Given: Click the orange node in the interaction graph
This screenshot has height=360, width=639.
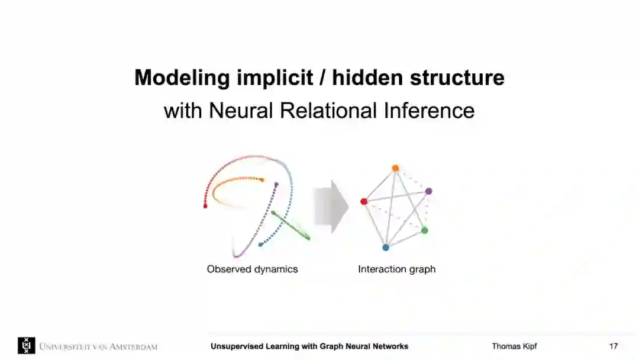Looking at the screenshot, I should [x=395, y=168].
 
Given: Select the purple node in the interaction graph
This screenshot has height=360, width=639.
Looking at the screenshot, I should [x=428, y=191].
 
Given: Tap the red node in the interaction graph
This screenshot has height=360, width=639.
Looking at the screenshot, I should [x=364, y=201].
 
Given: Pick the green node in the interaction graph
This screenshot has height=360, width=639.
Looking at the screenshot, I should [x=424, y=230].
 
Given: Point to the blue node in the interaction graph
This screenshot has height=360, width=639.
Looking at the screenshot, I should [x=386, y=247].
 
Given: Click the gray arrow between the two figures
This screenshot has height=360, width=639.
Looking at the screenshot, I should [x=331, y=207].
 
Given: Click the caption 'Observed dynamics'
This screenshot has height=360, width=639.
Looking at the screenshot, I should [x=252, y=269].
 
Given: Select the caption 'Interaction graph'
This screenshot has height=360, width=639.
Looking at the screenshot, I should [x=396, y=269].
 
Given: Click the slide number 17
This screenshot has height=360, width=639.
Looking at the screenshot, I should [x=614, y=346].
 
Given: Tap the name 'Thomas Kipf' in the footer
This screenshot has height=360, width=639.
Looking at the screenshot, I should [x=514, y=346].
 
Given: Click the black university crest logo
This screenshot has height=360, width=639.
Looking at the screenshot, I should [x=26, y=346].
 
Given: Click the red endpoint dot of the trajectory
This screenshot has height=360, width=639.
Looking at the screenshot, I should [x=205, y=206].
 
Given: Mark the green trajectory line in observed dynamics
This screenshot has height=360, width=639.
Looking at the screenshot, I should [x=291, y=226].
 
